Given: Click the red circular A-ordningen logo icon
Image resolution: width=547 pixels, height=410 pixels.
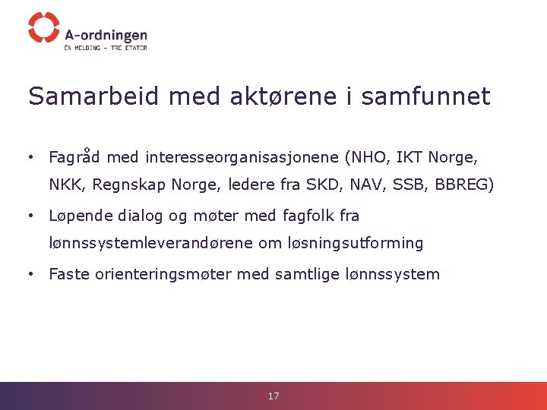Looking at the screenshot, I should (x=43, y=27).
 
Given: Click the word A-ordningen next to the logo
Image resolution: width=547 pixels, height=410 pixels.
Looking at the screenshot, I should (x=106, y=35).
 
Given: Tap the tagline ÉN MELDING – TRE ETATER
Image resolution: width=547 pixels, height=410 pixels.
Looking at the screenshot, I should (x=106, y=48).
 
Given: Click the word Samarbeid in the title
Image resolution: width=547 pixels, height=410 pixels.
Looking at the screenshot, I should (x=94, y=96).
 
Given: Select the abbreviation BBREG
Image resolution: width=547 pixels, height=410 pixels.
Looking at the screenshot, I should (x=463, y=184).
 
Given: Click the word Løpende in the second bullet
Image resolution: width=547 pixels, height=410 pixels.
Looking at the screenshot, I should (x=79, y=216).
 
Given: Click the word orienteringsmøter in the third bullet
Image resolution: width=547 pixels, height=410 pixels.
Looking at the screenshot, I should (x=163, y=274).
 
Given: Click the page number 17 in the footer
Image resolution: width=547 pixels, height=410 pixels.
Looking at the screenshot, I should (x=273, y=396).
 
